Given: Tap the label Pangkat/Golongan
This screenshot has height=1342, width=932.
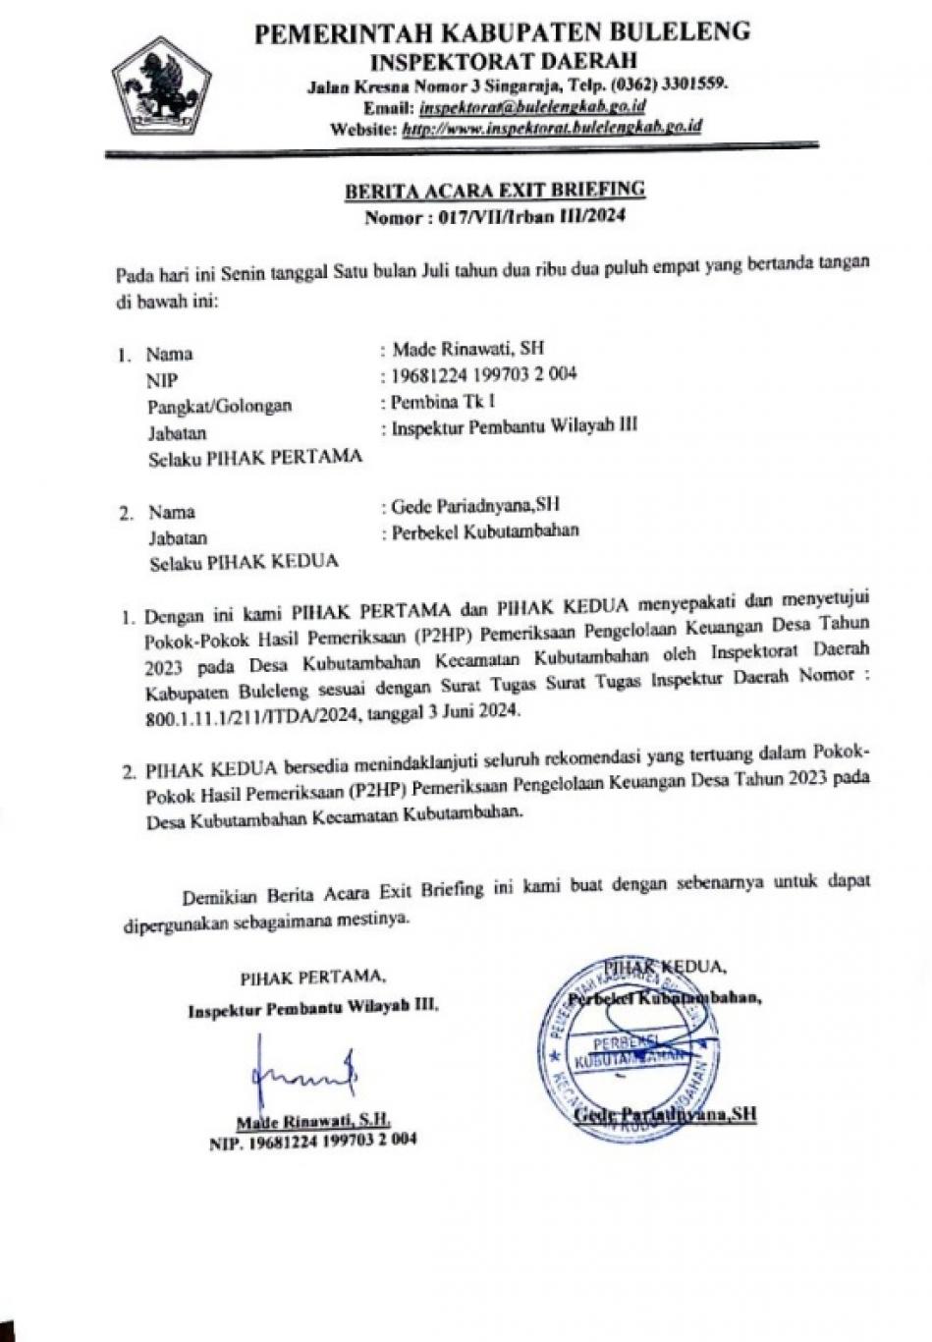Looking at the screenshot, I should click(x=220, y=406).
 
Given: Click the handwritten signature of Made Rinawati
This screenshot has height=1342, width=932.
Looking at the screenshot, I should click(x=300, y=1079).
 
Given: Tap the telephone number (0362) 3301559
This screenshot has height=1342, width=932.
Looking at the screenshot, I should click(x=669, y=84).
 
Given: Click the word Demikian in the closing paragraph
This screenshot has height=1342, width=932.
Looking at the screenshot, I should click(x=218, y=895).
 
